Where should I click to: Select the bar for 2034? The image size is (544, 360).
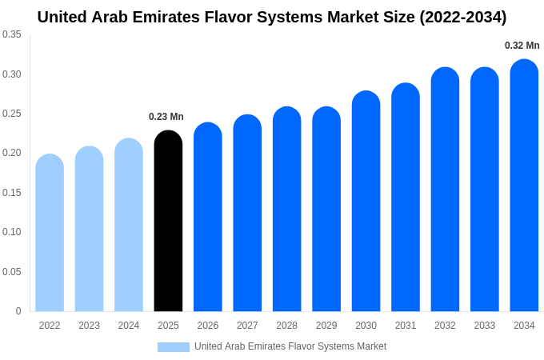click(524, 186)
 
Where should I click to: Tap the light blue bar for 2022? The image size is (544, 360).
click(50, 233)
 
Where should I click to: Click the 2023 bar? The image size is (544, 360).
click(89, 229)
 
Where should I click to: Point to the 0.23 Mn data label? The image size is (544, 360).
click(166, 117)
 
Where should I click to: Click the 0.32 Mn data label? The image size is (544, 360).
click(522, 46)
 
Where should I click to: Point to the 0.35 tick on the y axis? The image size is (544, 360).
click(12, 34)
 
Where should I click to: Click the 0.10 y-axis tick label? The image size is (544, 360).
click(12, 232)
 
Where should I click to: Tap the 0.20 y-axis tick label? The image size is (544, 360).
click(12, 153)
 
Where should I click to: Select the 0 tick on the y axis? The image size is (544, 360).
click(18, 311)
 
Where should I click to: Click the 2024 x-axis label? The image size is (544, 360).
click(129, 326)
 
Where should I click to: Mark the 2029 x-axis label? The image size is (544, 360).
click(326, 326)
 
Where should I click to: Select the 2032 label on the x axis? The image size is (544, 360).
click(445, 326)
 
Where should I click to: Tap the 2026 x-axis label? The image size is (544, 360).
click(208, 326)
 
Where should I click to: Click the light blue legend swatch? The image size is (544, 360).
click(173, 347)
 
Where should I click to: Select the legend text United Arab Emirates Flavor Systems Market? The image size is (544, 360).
click(290, 346)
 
